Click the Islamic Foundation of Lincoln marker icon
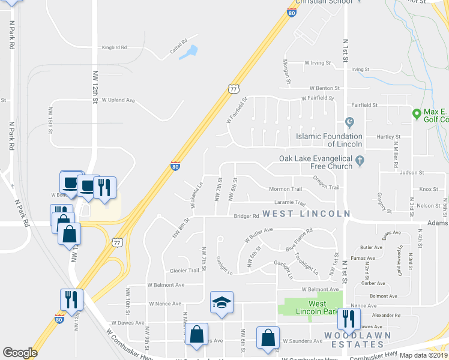coord(350,124)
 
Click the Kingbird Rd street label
coord(114,47)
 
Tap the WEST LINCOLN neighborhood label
coord(306,214)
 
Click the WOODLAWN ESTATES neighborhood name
coord(354,340)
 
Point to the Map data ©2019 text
coord(423,355)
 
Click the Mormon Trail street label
coord(285,189)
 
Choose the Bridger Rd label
coord(246,216)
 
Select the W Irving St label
coord(319,62)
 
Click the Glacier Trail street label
coord(184,271)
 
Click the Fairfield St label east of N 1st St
coord(364,104)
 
